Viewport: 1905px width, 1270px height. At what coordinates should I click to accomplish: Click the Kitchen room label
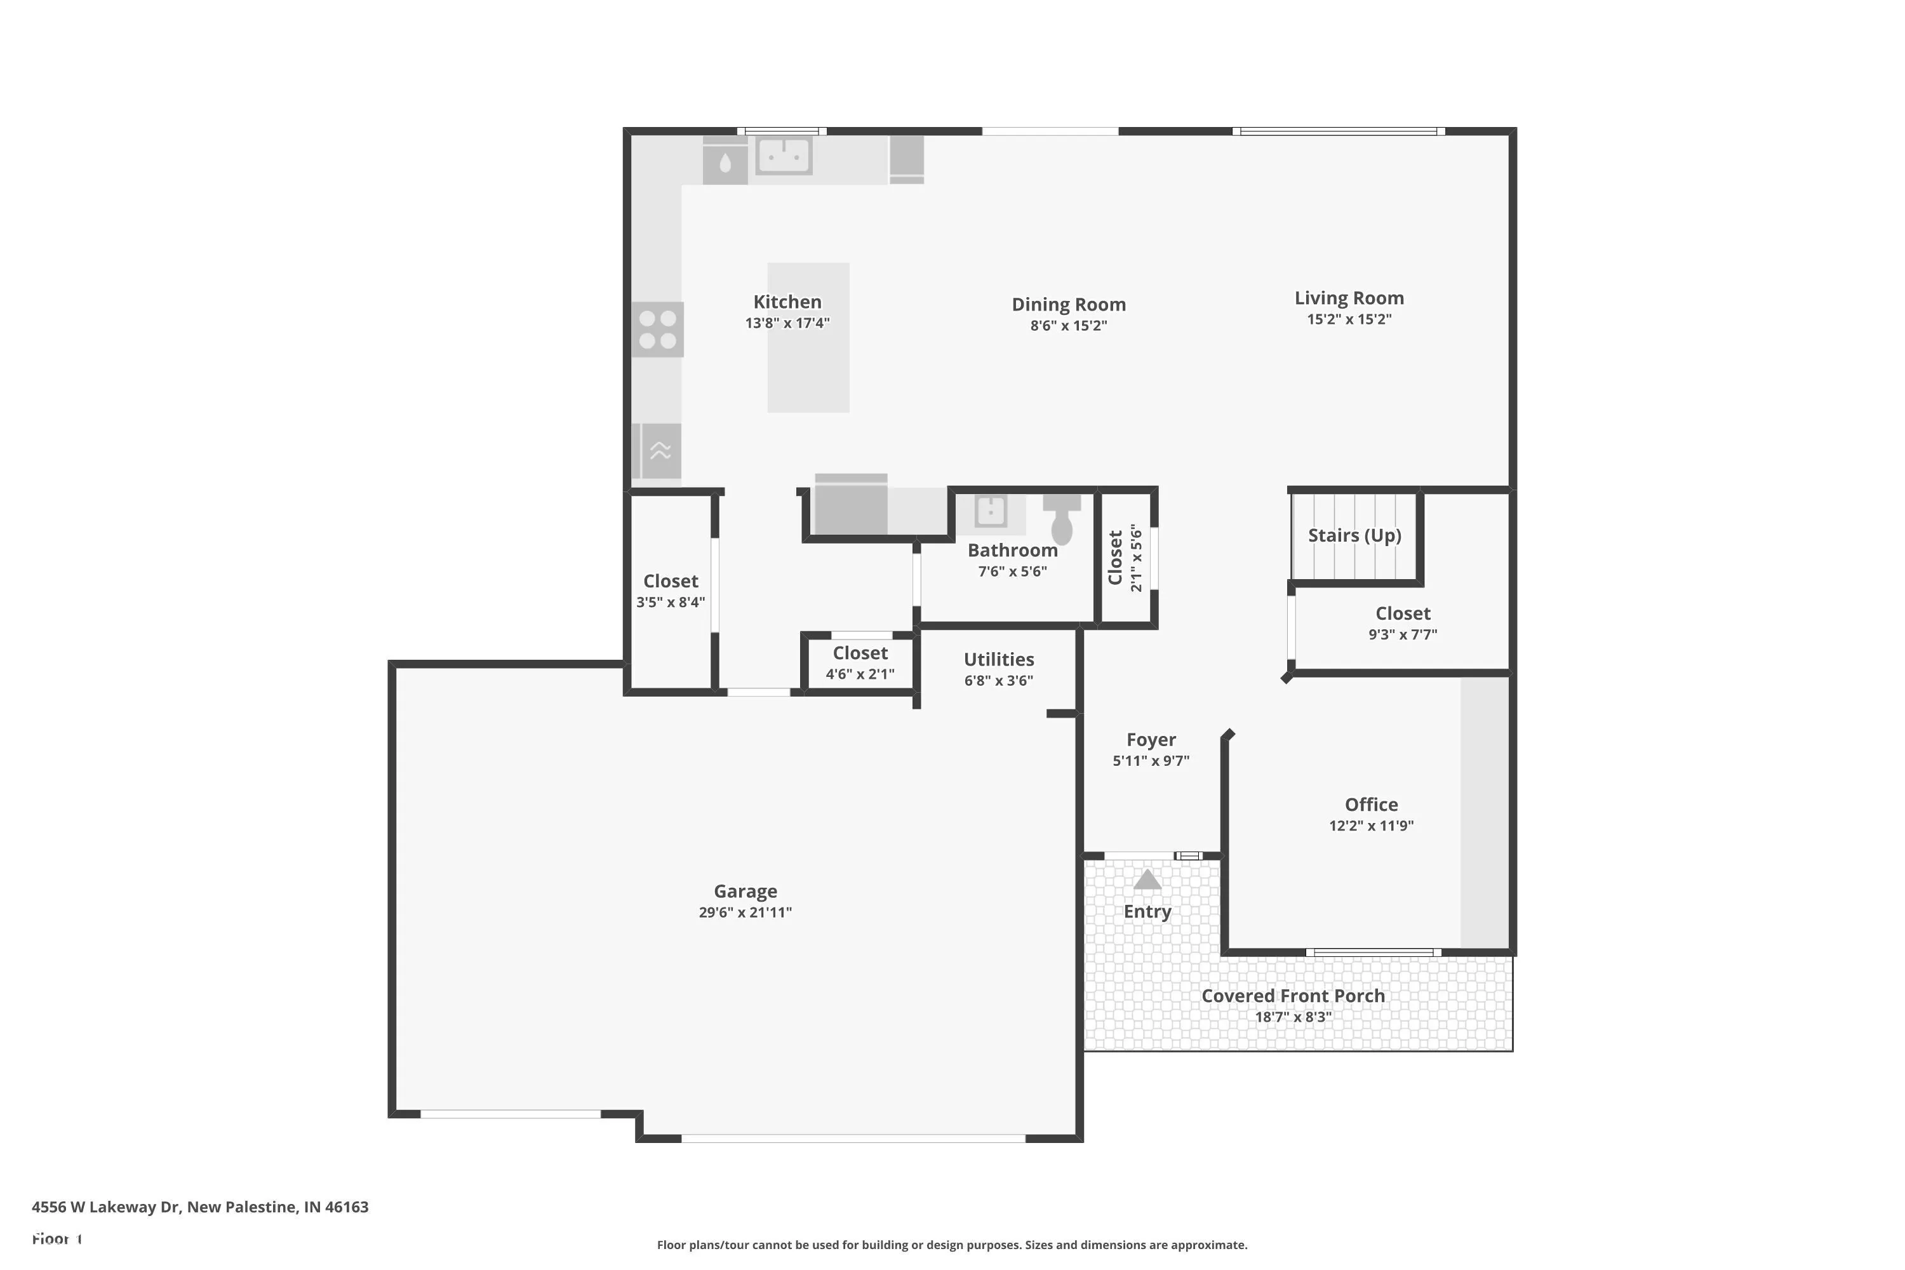point(787,302)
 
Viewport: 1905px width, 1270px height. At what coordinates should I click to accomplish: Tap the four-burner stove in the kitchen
point(658,330)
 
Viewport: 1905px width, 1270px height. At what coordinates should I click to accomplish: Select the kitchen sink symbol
point(783,156)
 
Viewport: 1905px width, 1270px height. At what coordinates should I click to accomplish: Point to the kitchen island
point(808,338)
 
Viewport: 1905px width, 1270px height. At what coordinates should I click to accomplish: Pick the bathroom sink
point(991,511)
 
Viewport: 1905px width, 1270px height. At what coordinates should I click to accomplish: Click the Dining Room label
point(1068,305)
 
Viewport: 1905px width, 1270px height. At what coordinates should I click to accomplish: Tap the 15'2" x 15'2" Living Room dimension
point(1349,319)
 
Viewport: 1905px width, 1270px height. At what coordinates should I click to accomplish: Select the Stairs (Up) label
point(1354,535)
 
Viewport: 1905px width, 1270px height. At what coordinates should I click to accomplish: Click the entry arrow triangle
point(1147,879)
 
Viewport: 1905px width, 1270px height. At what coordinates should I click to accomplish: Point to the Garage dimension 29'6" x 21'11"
point(745,912)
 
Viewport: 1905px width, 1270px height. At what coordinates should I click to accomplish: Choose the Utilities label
point(999,659)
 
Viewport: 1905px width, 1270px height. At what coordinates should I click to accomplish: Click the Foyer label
point(1151,740)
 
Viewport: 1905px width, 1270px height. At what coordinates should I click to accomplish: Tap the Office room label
point(1371,805)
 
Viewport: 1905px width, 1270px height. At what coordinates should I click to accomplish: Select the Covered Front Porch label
point(1293,996)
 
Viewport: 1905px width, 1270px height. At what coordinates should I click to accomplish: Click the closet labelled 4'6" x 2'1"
point(860,662)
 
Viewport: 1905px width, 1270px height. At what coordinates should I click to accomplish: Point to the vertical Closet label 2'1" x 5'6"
point(1125,558)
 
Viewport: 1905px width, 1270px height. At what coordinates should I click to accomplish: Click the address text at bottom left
point(200,1207)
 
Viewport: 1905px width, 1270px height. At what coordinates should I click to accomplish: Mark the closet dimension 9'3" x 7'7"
point(1403,635)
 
